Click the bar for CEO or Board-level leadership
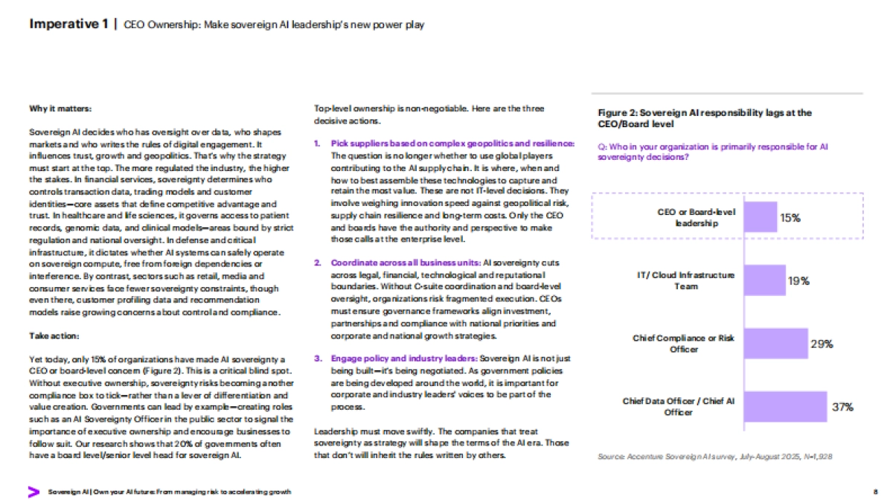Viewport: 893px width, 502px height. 759,217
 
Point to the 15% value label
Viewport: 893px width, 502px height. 790,218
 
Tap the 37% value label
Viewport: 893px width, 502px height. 842,408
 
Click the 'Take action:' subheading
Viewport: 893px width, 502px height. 49,336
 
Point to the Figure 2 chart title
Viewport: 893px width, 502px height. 704,118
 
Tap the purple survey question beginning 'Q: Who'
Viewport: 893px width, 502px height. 713,152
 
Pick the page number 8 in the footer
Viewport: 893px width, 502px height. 875,492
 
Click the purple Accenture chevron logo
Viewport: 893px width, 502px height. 33,492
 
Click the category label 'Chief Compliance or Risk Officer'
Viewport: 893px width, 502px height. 683,343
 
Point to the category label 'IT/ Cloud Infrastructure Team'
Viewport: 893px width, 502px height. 686,280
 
